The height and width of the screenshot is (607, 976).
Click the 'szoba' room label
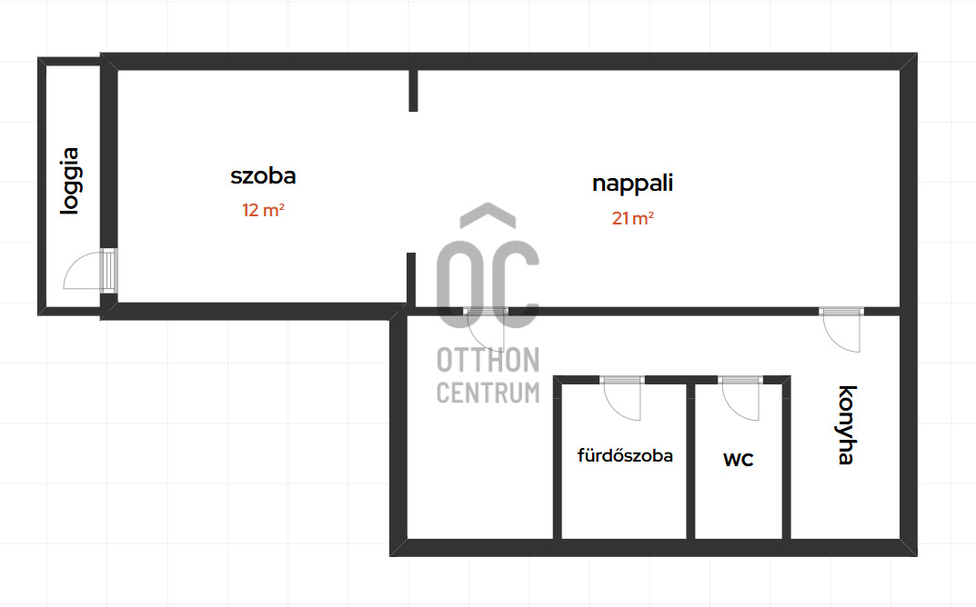coord(263,176)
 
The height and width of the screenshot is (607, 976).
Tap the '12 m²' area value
coord(263,211)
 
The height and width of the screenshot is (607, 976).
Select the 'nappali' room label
coord(632,183)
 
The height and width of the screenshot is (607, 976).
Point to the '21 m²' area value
coord(633,218)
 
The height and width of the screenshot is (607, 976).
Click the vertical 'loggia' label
coord(69,181)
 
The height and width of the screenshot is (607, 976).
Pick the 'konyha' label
coord(846,424)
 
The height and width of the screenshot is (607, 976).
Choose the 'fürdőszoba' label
coord(625,456)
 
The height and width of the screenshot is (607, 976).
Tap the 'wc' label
coord(738,459)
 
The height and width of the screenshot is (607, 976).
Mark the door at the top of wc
coord(740,397)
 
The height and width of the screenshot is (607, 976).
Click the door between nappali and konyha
coord(841,329)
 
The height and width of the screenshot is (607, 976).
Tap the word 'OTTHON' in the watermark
coord(488,361)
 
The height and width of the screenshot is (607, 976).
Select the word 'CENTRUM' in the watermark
coord(488,393)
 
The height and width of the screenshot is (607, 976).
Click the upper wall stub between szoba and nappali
coord(413,90)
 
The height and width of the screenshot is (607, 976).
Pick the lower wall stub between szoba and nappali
coord(411,279)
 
